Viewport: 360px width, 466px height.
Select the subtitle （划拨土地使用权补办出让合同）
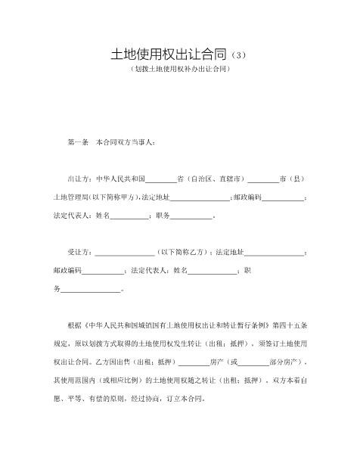point(180,70)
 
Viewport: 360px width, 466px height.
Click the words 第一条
point(79,142)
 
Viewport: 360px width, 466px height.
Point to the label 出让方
point(79,179)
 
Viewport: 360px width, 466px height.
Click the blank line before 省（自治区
point(160,180)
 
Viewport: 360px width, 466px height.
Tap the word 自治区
point(206,179)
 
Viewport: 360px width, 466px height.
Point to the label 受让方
point(79,252)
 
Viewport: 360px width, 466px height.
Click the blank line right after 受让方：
point(125,253)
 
